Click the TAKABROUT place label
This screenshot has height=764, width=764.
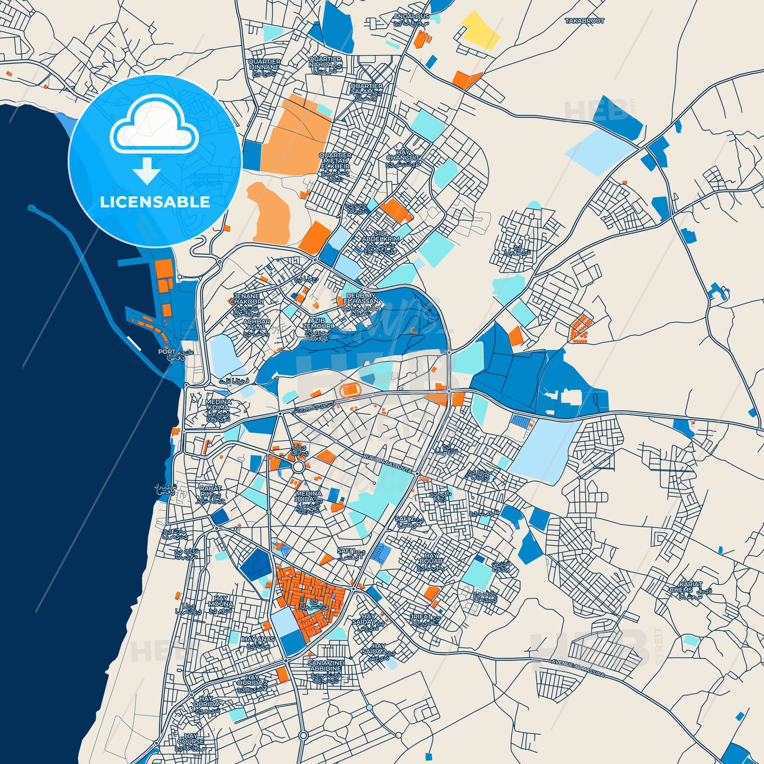(x=584, y=21)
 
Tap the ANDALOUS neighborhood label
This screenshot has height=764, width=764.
(x=411, y=16)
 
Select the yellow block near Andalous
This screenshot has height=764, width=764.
(x=480, y=30)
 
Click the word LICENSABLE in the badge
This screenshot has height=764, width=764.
(x=155, y=202)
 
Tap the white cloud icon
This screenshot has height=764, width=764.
(x=154, y=126)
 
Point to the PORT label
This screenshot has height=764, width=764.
(x=167, y=352)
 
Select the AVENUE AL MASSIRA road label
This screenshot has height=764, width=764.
(x=577, y=668)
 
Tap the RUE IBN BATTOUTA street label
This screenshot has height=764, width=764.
(x=387, y=463)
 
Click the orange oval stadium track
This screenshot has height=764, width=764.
(x=349, y=391)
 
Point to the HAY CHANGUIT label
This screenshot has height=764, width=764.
(x=403, y=155)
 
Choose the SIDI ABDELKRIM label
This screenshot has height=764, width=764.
(x=380, y=236)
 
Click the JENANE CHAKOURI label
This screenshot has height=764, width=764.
(x=246, y=299)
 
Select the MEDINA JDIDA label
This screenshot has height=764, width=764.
(x=308, y=496)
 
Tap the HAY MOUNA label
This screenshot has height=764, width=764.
(x=220, y=601)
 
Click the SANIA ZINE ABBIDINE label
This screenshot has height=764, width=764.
(x=326, y=665)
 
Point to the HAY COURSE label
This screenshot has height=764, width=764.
(x=191, y=739)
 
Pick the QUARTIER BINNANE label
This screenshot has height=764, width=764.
(x=264, y=65)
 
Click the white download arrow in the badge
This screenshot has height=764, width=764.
(x=146, y=171)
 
